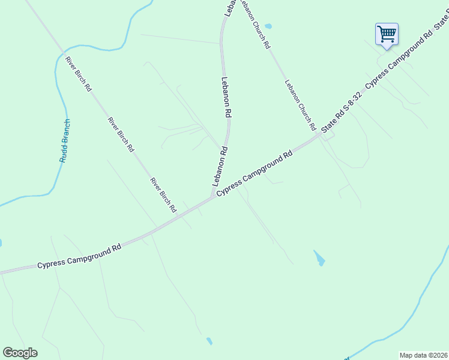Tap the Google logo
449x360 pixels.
20,353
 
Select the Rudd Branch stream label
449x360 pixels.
65,141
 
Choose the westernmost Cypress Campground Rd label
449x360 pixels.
79,256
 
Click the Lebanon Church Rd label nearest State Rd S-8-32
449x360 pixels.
300,106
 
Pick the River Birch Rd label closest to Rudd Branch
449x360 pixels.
79,74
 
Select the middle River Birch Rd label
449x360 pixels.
121,134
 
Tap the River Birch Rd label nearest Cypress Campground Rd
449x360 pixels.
163,195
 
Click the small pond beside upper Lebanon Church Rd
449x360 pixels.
268,26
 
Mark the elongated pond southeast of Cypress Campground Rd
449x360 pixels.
319,259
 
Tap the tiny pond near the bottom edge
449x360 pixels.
209,341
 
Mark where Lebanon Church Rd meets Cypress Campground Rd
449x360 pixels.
320,136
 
